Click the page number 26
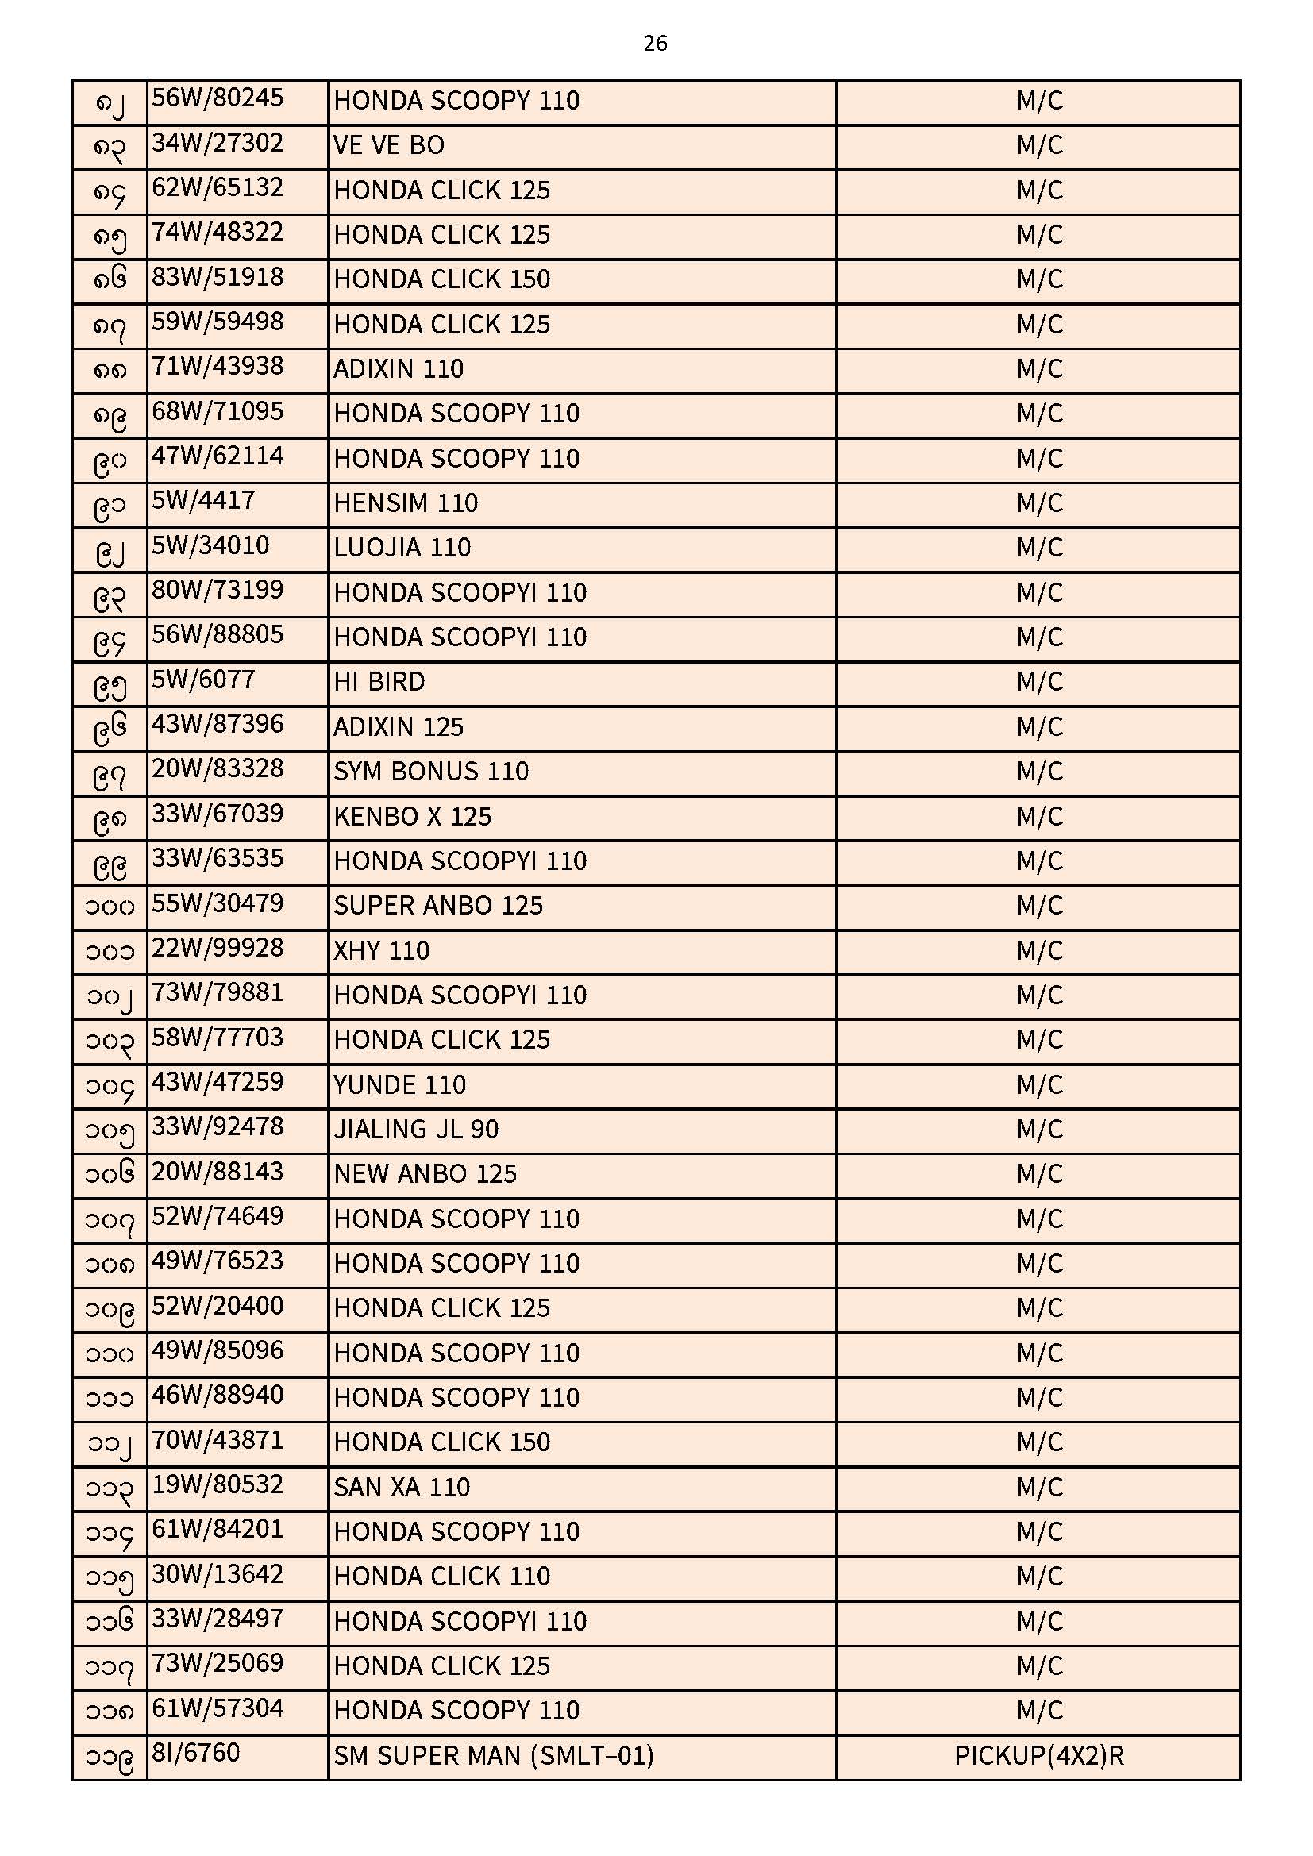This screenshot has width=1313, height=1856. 655,44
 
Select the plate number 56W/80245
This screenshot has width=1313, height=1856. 218,98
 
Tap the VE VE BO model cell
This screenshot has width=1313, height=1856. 389,145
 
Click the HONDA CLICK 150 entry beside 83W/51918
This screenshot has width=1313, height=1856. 441,279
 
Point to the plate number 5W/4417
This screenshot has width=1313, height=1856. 203,501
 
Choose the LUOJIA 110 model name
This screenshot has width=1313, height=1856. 402,548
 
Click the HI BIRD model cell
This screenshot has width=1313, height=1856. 379,682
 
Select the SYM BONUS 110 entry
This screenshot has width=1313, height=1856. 431,772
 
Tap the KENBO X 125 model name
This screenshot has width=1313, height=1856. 412,816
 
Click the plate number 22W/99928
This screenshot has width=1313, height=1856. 218,948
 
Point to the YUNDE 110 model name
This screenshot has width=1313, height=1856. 399,1085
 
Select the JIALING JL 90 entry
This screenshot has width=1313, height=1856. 415,1130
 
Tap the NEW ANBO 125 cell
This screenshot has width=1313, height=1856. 425,1174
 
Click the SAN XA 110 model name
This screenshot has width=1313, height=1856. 401,1488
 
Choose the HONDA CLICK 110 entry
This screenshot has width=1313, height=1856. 441,1577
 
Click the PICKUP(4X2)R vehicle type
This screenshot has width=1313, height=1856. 1038,1756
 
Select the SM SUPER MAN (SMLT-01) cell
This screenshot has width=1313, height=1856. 493,1756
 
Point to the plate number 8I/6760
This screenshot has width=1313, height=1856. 195,1754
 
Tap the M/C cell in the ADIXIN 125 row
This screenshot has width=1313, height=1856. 1039,726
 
